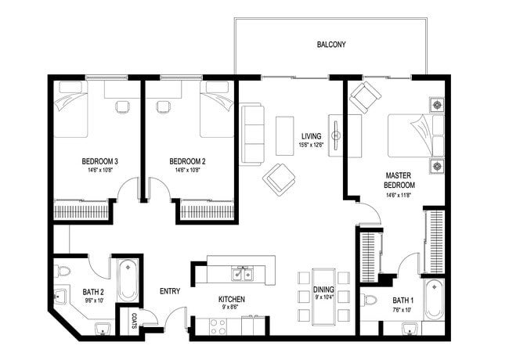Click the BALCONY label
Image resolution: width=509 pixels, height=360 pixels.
331,45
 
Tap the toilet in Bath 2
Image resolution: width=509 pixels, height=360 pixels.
63,271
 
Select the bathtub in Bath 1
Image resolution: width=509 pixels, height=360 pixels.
434,300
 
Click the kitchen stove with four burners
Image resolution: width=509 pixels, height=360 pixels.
218,326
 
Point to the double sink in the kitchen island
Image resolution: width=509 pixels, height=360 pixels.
243,275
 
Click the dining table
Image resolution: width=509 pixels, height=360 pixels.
323,297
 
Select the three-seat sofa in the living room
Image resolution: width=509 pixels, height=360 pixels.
251,135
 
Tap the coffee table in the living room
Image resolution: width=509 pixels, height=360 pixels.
285,135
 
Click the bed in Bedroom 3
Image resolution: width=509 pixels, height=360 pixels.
70,110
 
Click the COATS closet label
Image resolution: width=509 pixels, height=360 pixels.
134,321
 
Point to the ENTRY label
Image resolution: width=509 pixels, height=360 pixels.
170,291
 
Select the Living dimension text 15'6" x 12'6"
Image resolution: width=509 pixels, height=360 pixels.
312,145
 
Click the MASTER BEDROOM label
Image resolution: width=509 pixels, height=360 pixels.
399,180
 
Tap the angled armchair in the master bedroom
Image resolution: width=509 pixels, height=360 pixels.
365,96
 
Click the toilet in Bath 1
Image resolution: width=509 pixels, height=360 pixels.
370,300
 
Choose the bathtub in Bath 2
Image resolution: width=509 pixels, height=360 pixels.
128,280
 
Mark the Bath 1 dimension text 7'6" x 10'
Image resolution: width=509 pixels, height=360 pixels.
403,310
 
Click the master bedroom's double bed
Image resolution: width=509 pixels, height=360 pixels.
416,135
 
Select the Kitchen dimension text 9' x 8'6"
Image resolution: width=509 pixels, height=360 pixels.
232,308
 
